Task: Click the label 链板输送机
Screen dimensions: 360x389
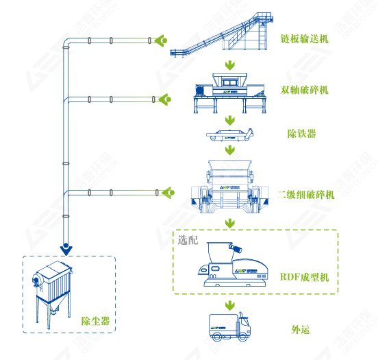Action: tap(305, 39)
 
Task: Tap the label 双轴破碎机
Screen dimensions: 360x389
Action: tap(305, 90)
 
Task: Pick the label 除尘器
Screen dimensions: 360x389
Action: tap(95, 320)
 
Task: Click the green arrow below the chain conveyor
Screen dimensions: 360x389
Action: tap(231, 66)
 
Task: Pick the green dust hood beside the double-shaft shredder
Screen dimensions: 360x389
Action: tap(164, 100)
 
